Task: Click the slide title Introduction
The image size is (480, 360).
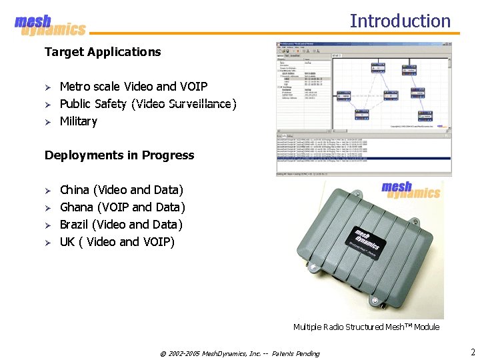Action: click(x=400, y=21)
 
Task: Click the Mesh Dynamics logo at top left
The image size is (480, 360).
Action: click(x=50, y=26)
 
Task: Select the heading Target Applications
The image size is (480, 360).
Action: click(x=103, y=52)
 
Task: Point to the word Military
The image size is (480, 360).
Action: click(x=79, y=121)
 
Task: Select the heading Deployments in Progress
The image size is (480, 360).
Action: click(x=119, y=155)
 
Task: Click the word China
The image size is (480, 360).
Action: click(x=75, y=190)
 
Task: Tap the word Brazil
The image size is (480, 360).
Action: click(x=74, y=225)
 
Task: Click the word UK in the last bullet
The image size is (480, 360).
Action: click(x=67, y=242)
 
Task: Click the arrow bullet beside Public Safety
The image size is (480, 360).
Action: click(x=48, y=105)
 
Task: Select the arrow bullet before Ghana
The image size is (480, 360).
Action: click(x=48, y=208)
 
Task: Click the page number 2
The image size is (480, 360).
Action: click(x=472, y=352)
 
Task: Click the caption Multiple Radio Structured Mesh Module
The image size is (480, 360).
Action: click(x=366, y=327)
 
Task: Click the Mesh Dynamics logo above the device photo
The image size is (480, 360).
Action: click(x=411, y=190)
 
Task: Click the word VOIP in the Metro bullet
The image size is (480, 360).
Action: click(x=193, y=87)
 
